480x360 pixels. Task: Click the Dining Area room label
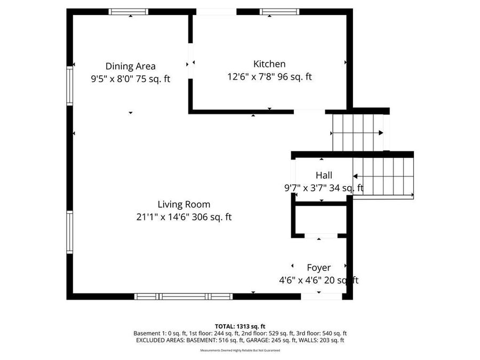pyautogui.click(x=131, y=66)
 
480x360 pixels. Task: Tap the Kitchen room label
pyautogui.click(x=269, y=64)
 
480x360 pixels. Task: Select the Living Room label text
pyautogui.click(x=184, y=204)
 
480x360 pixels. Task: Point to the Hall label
pyautogui.click(x=324, y=175)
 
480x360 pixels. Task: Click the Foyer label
pyautogui.click(x=319, y=268)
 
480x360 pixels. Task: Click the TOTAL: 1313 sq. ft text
pyautogui.click(x=240, y=326)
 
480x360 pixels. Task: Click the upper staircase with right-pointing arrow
pyautogui.click(x=358, y=133)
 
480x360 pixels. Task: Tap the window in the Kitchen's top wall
pyautogui.click(x=279, y=11)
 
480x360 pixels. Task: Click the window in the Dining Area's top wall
pyautogui.click(x=129, y=11)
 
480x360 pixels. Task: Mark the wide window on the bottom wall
pyautogui.click(x=183, y=297)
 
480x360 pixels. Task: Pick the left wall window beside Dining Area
pyautogui.click(x=69, y=85)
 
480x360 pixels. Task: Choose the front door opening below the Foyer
pyautogui.click(x=322, y=296)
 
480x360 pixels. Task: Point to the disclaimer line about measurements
pyautogui.click(x=240, y=350)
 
